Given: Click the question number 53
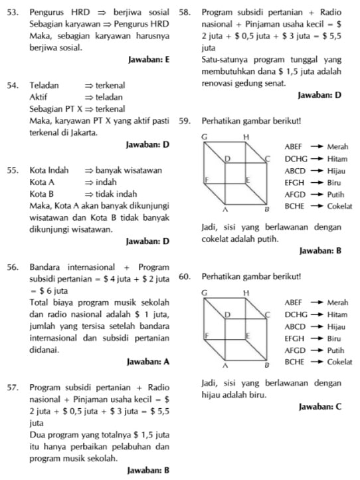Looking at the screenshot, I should point(11,12).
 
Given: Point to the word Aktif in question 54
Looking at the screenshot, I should point(39,97).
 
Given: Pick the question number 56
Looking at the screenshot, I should point(11,267).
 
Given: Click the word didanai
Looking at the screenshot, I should point(44,348).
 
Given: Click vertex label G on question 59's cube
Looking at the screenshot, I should point(205,136).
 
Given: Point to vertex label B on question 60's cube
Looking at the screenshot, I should point(268,365).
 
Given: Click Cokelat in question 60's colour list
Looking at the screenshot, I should point(339,362).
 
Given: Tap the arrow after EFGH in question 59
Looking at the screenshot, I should point(315,182).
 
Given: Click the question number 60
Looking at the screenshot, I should point(186,275).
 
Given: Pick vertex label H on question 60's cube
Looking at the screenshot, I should point(246,293).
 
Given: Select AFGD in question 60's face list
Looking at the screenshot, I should point(294,350).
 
